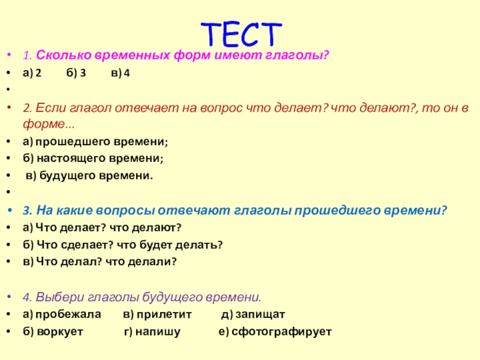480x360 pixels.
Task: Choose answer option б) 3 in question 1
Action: [75, 73]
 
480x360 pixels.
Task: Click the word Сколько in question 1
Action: [59, 56]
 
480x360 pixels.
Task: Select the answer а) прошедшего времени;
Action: [95, 142]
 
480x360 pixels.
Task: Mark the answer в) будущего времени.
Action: [89, 176]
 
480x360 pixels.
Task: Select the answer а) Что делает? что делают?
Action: [102, 228]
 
